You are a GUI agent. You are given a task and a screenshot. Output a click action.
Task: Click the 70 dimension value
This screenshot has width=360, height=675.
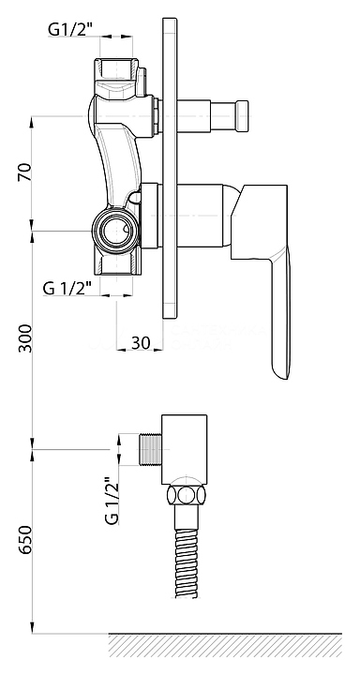point(24,172)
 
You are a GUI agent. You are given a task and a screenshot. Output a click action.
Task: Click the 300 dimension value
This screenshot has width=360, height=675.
point(25,338)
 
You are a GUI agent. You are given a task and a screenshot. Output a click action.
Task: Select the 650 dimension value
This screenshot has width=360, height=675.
point(25,540)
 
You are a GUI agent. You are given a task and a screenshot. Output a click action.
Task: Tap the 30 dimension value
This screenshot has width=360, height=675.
point(141,343)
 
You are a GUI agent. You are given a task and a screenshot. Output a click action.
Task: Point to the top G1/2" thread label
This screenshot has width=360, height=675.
point(69,29)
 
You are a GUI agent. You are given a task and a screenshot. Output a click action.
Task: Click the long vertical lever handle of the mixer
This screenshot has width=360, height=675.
point(280,314)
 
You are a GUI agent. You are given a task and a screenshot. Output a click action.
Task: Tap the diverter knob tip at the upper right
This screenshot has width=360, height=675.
point(242,115)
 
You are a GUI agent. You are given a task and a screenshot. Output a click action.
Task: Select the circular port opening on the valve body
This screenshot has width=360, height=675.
point(115,229)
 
